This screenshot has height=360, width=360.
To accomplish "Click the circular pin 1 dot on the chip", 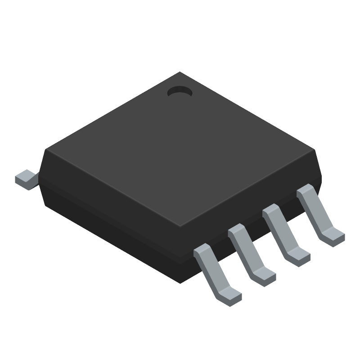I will (x=180, y=92).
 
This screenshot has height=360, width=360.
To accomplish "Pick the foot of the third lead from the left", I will (x=298, y=257).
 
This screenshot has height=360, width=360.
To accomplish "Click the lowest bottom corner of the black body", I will (x=180, y=283).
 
